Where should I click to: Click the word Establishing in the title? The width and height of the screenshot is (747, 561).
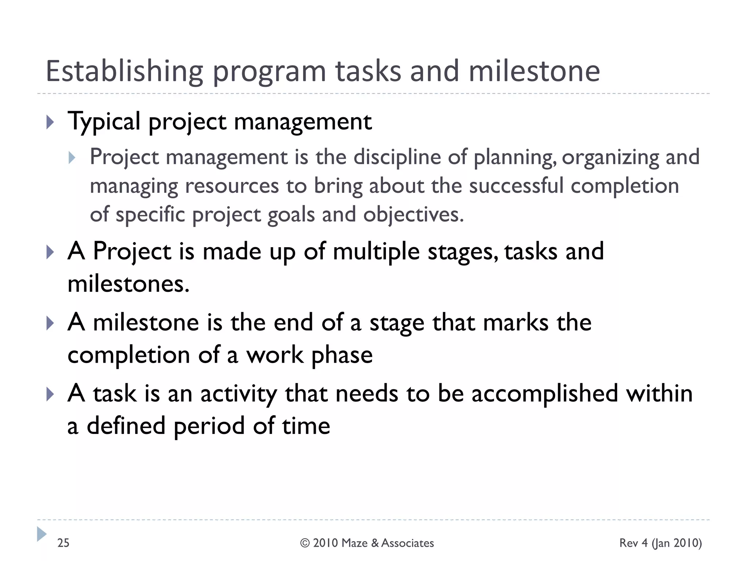coord(124,71)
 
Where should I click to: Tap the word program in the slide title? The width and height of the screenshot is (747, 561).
coord(269,72)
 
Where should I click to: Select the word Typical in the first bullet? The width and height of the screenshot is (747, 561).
coord(104,122)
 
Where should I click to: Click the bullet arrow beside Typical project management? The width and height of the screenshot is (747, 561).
coord(50,122)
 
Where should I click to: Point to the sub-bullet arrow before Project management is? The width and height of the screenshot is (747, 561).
coord(72,158)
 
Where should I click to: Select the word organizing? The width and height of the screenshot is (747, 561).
coord(610,157)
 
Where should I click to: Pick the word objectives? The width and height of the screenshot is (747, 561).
coord(413,214)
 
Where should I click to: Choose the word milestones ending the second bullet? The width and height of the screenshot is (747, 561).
coord(128,284)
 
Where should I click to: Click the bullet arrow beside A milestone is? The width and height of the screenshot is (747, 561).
coord(50,323)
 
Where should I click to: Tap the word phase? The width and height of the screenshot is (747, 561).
coord(342,355)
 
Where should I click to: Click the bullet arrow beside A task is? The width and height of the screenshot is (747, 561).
coord(50,394)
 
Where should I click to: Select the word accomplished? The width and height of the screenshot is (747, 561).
coord(545,394)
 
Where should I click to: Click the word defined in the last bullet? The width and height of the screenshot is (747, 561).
coord(126,426)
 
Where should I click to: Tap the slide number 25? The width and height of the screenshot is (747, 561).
coord(63,543)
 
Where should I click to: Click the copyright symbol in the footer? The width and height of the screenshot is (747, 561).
coord(305,543)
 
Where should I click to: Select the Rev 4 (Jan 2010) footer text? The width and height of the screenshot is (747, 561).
coord(660,543)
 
